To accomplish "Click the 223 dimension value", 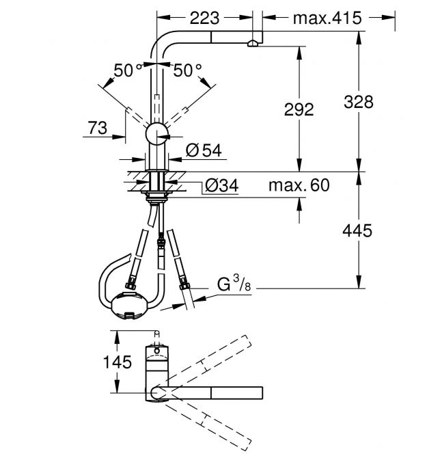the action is click(204, 18).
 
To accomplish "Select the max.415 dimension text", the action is click(327, 18).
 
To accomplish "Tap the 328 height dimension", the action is click(359, 102).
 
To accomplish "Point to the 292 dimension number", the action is click(299, 109).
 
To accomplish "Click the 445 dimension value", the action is click(357, 231).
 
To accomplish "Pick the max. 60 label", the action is click(299, 185).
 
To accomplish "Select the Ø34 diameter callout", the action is click(222, 185).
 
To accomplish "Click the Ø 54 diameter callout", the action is click(204, 150).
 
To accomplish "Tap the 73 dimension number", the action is click(98, 128).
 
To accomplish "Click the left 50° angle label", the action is click(128, 70).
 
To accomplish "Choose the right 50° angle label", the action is click(188, 70).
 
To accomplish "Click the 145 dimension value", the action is click(118, 362).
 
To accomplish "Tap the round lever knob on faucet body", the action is click(156, 134).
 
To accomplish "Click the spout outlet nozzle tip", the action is click(253, 44).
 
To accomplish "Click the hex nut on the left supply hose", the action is click(131, 285).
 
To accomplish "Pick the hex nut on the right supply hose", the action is click(184, 284).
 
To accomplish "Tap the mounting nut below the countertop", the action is click(156, 196).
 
